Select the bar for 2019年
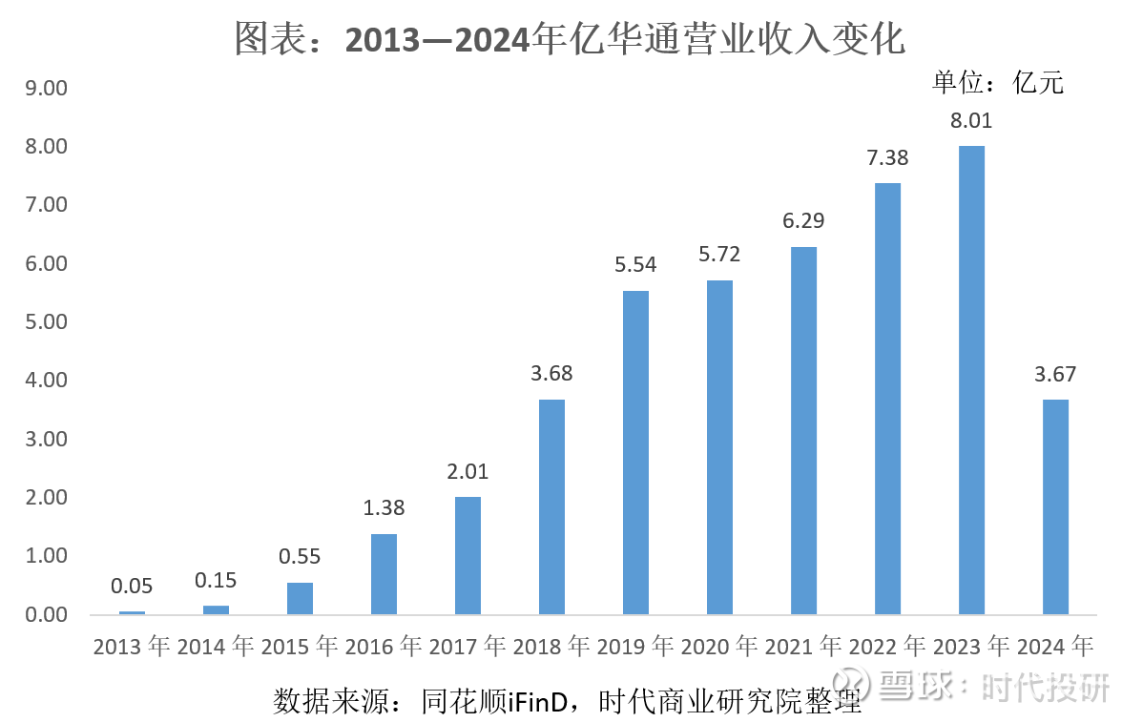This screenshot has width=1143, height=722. (x=635, y=452)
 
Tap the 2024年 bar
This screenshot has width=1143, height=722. (x=1055, y=506)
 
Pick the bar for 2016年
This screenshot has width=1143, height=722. (x=384, y=573)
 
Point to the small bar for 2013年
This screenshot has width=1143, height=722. (x=132, y=611)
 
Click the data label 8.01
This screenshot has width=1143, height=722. (x=971, y=121)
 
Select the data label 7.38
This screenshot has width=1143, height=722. (x=887, y=158)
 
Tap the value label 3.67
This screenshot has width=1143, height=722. (x=1055, y=375)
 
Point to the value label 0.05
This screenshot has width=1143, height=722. (x=132, y=587)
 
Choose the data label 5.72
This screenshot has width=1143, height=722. (x=719, y=255)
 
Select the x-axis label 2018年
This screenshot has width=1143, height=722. (x=551, y=647)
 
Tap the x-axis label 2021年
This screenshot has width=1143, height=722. (x=803, y=647)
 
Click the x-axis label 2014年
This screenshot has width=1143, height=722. (x=216, y=647)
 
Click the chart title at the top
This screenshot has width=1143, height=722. (x=571, y=39)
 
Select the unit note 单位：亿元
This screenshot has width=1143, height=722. (x=998, y=83)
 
